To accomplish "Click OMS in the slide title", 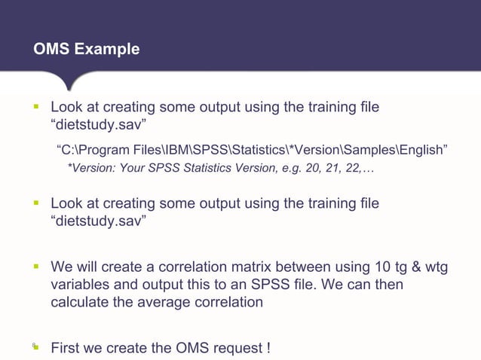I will pos(51,49).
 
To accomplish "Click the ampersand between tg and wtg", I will pos(400,267).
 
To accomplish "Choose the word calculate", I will pos(79,302).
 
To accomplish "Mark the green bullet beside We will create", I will pos(35,267).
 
